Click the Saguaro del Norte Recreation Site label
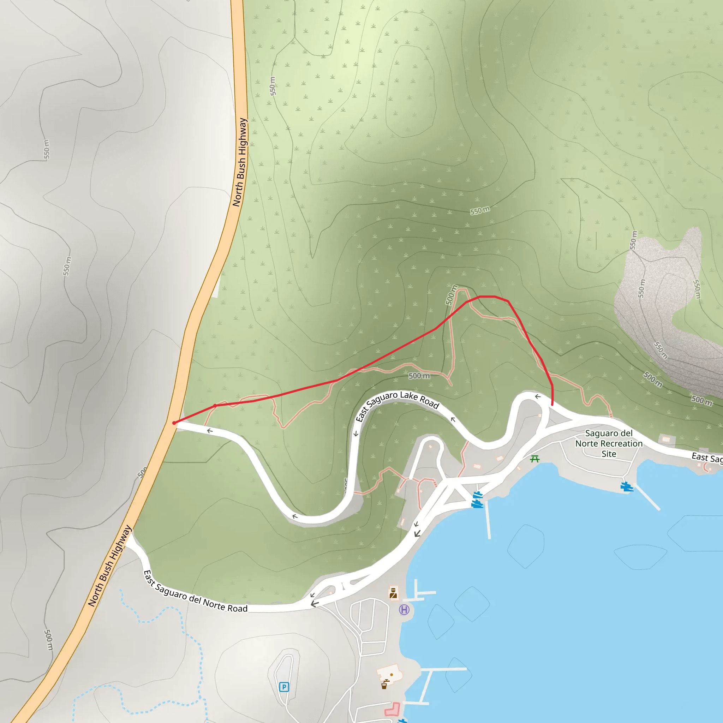tap(609, 443)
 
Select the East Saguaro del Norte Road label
tap(195, 592)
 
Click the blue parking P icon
tap(284, 687)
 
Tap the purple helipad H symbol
tap(404, 610)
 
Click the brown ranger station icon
tap(393, 593)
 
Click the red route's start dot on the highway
tap(174, 423)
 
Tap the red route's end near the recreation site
tap(552, 404)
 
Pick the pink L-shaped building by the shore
tap(393, 709)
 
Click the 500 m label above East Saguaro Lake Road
tap(419, 376)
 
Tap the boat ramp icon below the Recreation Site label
tap(627, 487)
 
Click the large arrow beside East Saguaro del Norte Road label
tap(315, 604)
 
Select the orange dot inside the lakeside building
tap(392, 674)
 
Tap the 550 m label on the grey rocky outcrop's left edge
tap(641, 288)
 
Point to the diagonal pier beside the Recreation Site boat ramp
tap(647, 497)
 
